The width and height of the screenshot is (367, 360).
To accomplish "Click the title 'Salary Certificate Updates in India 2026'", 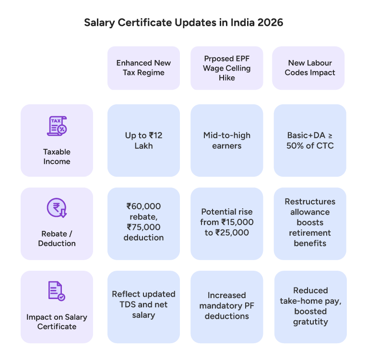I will (183, 23).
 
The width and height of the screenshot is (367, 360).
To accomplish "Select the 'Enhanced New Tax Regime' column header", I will (143, 68).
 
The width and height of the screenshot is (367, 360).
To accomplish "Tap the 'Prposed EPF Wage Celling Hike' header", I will (226, 68).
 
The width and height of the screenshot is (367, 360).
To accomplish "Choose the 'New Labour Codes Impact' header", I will (309, 68).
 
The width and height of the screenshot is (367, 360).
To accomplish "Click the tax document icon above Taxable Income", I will (57, 126).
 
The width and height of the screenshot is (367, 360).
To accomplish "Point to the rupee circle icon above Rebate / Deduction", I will (57, 208).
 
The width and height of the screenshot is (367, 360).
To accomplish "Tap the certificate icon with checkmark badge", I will (57, 291).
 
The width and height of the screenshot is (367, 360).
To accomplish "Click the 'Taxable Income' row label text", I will (57, 156).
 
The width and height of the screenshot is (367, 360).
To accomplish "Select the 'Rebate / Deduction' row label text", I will (57, 239).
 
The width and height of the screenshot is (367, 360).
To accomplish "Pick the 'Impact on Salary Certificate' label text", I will (57, 322).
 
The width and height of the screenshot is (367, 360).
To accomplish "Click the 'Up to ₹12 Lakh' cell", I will (143, 140).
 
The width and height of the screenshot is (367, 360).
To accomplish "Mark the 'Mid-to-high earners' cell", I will (226, 140).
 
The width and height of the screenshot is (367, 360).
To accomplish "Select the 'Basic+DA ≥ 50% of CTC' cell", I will (309, 140).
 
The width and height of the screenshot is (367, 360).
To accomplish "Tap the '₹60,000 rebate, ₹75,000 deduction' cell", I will (143, 222).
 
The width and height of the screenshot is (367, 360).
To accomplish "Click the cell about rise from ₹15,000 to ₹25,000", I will (226, 222).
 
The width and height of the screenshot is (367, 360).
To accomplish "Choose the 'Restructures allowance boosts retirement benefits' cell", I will (309, 222).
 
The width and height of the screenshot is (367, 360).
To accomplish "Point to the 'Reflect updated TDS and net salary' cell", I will (143, 304).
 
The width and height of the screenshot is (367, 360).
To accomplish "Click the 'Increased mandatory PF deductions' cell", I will (226, 306).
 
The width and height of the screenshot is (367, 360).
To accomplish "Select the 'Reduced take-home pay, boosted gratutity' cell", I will (310, 306).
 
